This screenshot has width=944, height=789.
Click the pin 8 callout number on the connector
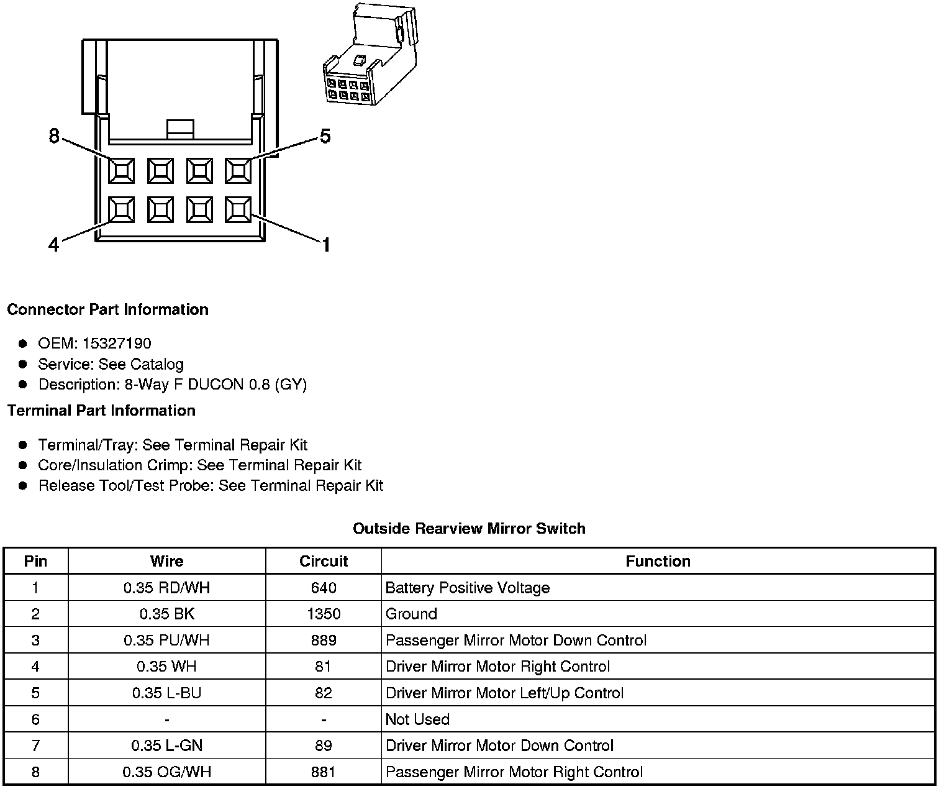54,135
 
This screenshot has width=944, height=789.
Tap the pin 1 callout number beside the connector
325,245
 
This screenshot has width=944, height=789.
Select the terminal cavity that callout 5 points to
238,170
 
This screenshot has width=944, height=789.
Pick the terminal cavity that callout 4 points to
121,210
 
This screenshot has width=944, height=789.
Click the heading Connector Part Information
107,309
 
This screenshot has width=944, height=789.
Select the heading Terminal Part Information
101,411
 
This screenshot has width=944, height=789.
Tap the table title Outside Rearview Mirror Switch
469,529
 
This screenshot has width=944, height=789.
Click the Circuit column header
324,561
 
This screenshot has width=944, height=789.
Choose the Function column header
658,561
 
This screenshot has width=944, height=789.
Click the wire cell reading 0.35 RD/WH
166,588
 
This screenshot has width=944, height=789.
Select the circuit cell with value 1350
324,614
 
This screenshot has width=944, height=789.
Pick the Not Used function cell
417,719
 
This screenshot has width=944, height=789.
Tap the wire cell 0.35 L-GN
166,746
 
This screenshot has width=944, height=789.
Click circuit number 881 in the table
324,772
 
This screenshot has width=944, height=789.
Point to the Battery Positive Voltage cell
468,588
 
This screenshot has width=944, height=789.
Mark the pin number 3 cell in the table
35,641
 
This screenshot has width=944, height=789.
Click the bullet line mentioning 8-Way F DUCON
173,385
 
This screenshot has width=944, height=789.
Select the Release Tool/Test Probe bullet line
211,486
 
